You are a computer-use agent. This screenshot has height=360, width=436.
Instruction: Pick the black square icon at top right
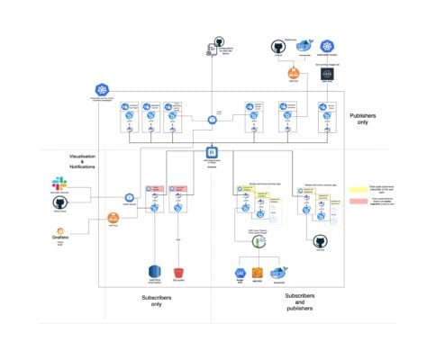click(x=328, y=76)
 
